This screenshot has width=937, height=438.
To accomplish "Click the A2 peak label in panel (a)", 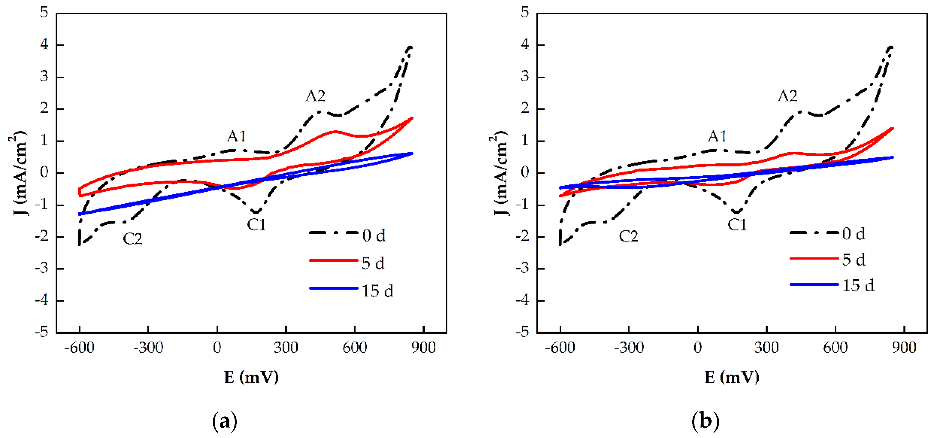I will [315, 96].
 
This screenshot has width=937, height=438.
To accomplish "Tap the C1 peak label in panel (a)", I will [257, 225].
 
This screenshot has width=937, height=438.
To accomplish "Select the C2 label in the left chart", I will [132, 239].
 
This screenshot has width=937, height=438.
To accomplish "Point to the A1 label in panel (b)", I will [717, 136].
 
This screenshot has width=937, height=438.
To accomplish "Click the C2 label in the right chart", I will [628, 237].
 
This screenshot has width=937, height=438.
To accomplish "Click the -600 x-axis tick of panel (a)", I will [79, 348].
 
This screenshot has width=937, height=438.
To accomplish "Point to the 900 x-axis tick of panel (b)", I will [904, 348].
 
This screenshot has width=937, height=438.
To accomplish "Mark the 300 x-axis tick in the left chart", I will [286, 348].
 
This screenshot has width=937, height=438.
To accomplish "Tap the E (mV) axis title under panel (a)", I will [251, 377].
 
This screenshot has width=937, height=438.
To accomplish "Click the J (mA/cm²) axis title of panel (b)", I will [499, 173].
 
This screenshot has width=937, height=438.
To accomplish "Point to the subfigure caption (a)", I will [224, 421].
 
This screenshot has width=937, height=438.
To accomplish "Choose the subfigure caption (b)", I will [705, 421].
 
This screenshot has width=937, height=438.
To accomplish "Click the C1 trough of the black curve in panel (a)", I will [257, 212].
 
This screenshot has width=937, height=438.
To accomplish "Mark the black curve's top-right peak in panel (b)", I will [891, 47].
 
